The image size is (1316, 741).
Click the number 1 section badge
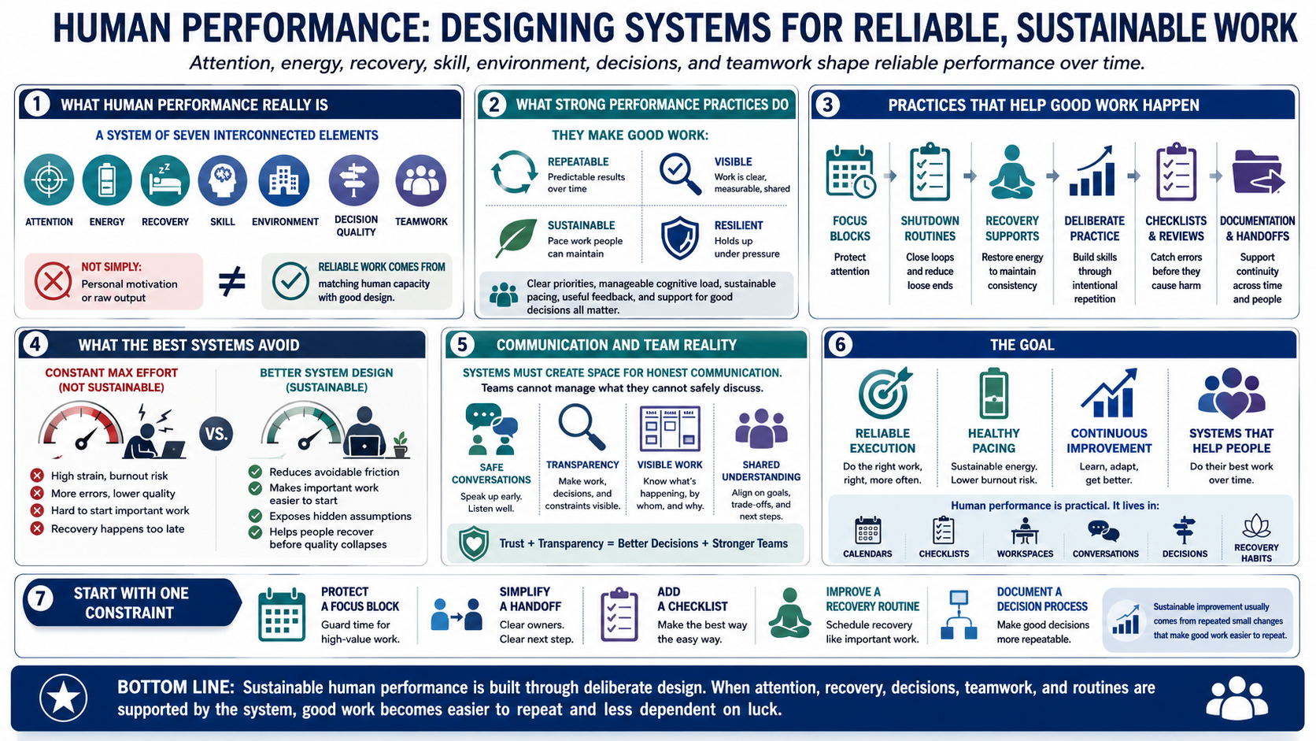point(36,105)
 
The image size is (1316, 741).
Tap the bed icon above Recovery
point(165,180)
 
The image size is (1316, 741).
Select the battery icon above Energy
point(107,180)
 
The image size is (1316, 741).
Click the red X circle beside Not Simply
point(53,281)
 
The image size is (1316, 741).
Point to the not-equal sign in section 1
point(231,280)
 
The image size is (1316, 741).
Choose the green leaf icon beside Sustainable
point(516,238)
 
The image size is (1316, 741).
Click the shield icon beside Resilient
point(680,238)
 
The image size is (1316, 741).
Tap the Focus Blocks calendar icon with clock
point(850,172)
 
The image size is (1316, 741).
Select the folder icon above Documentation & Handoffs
point(1257,172)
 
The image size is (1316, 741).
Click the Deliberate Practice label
point(1095,228)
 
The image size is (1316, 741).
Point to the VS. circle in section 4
point(216,434)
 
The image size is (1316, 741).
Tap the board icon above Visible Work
point(670,428)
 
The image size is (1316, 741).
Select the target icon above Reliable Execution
point(883,392)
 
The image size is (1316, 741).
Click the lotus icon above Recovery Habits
point(1256,526)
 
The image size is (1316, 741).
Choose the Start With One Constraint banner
point(132,602)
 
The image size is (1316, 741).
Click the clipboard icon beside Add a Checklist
point(619,615)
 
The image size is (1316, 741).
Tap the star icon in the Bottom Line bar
point(64,698)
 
